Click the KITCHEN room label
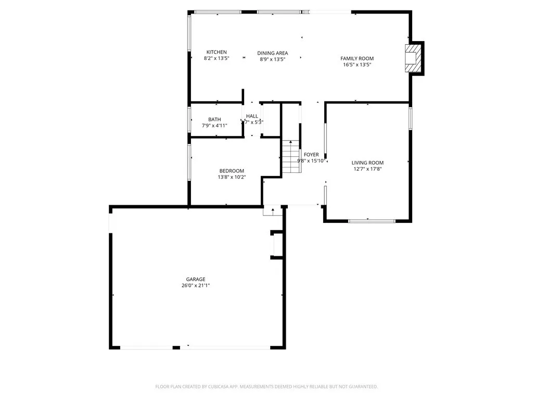(217, 52)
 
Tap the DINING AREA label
(273, 53)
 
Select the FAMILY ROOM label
(357, 58)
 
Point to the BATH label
(214, 119)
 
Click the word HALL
(252, 116)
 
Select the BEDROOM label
(232, 171)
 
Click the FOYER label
(311, 155)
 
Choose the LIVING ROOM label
(367, 162)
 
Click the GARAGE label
(196, 279)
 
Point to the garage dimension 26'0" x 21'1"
(196, 285)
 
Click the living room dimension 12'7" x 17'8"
(367, 169)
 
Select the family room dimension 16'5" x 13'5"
(357, 65)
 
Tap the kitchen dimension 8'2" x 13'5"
(217, 59)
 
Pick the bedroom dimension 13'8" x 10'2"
(232, 177)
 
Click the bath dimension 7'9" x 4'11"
(214, 126)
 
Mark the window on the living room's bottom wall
(372, 221)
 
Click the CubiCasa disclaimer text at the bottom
(266, 386)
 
